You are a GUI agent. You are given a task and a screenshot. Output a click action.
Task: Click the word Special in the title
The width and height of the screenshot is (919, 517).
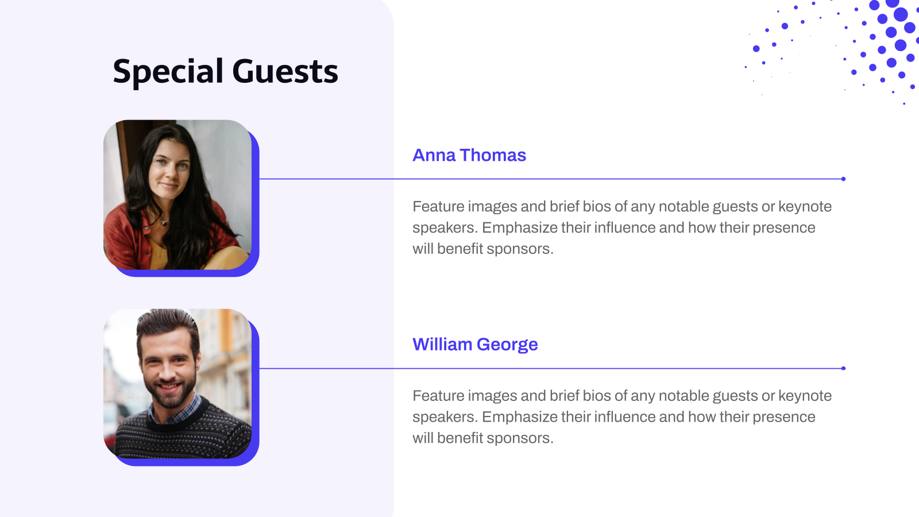coord(168,72)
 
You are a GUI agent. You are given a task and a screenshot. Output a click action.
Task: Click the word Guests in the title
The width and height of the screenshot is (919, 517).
coord(285,72)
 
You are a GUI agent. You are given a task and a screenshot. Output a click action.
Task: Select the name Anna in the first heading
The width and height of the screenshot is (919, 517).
coord(434,155)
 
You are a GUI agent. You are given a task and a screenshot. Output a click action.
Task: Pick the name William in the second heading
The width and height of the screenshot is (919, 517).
coord(442,344)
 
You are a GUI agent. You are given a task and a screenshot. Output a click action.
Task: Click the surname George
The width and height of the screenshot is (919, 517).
coord(507,344)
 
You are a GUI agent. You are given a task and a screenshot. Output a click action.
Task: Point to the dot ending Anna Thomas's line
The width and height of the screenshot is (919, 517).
coord(843,179)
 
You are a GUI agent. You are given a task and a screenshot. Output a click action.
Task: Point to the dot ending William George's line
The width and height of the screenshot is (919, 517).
coord(843,368)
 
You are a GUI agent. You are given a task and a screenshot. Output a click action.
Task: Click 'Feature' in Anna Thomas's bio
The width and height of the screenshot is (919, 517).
coord(438,206)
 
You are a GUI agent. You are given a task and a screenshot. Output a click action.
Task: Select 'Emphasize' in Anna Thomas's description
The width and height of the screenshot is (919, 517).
coord(520,227)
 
